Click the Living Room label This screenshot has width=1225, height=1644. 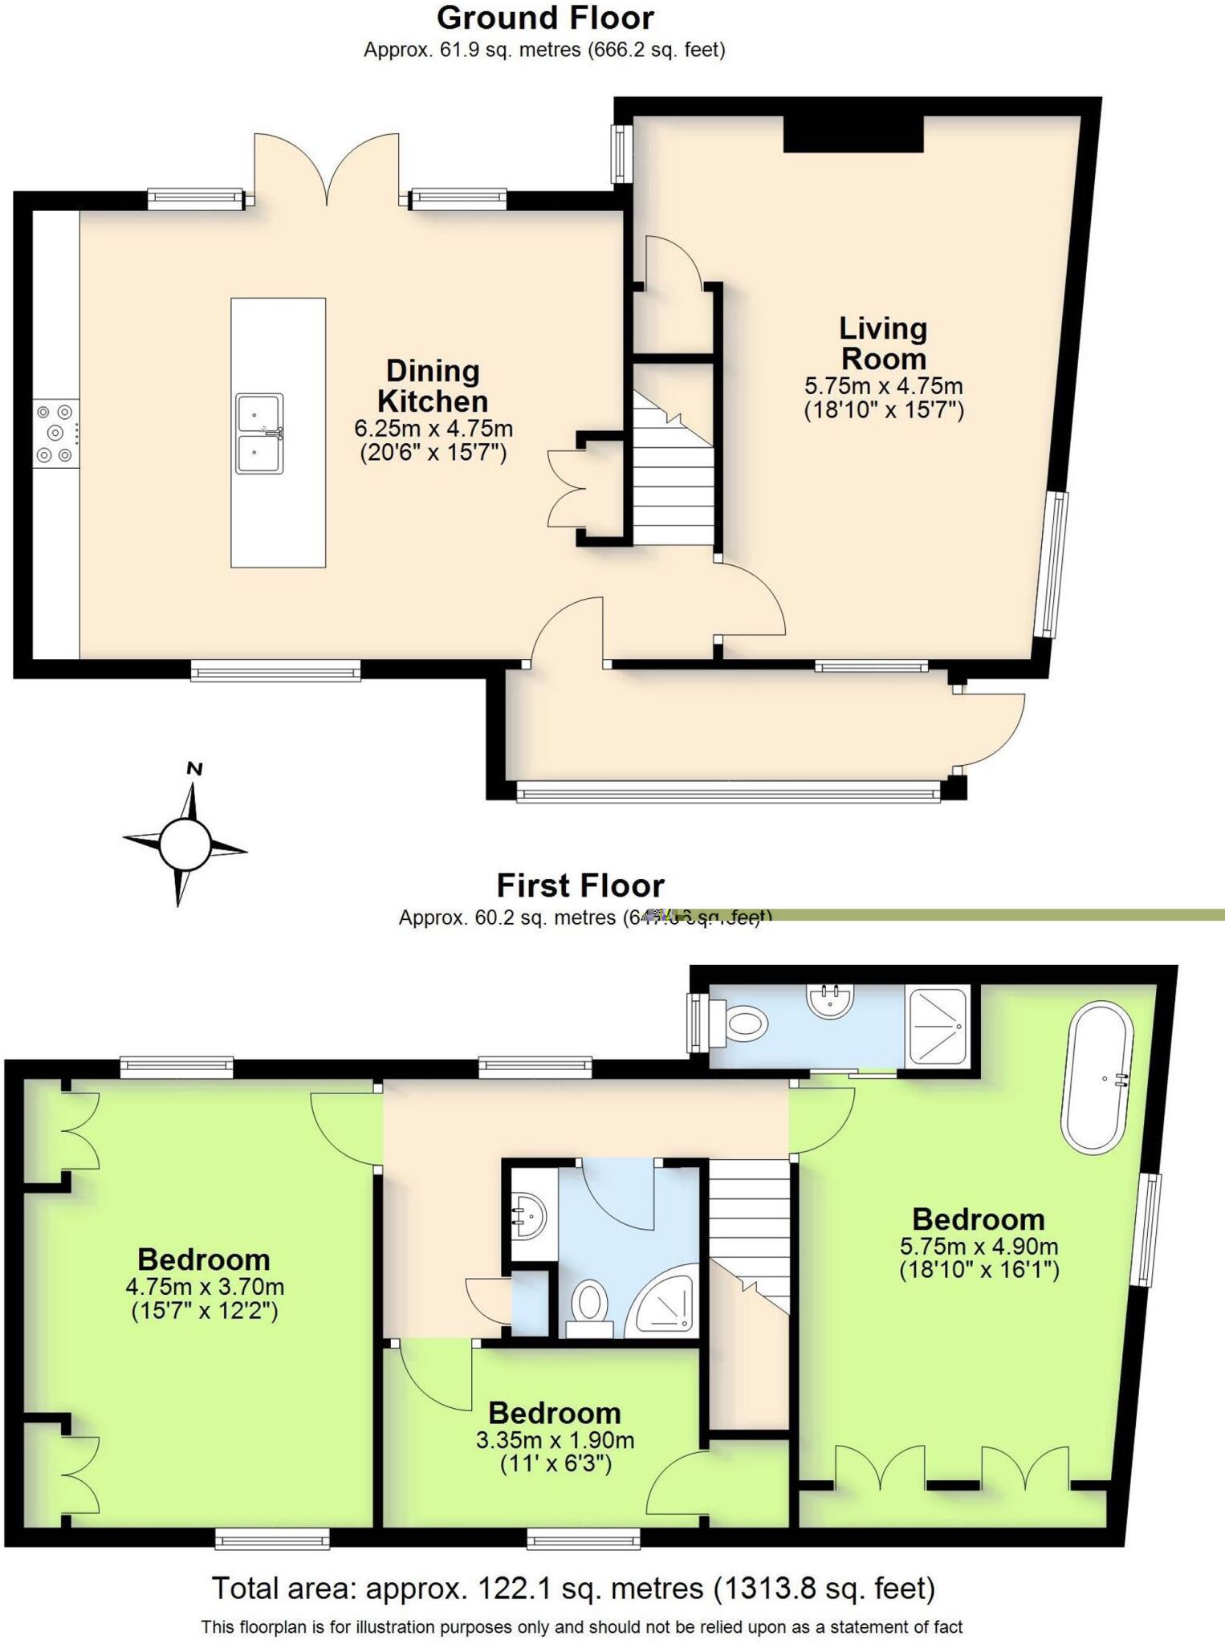pyautogui.click(x=883, y=344)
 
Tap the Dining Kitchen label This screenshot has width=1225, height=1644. pyautogui.click(x=433, y=386)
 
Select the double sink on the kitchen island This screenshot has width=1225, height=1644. pyautogui.click(x=259, y=433)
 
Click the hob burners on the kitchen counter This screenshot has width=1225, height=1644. pyautogui.click(x=55, y=433)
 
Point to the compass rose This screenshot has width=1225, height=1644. pyautogui.click(x=185, y=844)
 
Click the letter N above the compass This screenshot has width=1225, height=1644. pyautogui.click(x=194, y=768)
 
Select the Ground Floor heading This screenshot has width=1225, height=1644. pyautogui.click(x=545, y=18)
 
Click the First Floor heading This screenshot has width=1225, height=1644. pyautogui.click(x=580, y=885)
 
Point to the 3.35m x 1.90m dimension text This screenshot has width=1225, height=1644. pyautogui.click(x=555, y=1440)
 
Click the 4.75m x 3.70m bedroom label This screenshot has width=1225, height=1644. pyautogui.click(x=204, y=1286)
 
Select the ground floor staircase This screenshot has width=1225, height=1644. pyautogui.click(x=674, y=482)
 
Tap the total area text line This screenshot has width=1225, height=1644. pyautogui.click(x=573, y=1588)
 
